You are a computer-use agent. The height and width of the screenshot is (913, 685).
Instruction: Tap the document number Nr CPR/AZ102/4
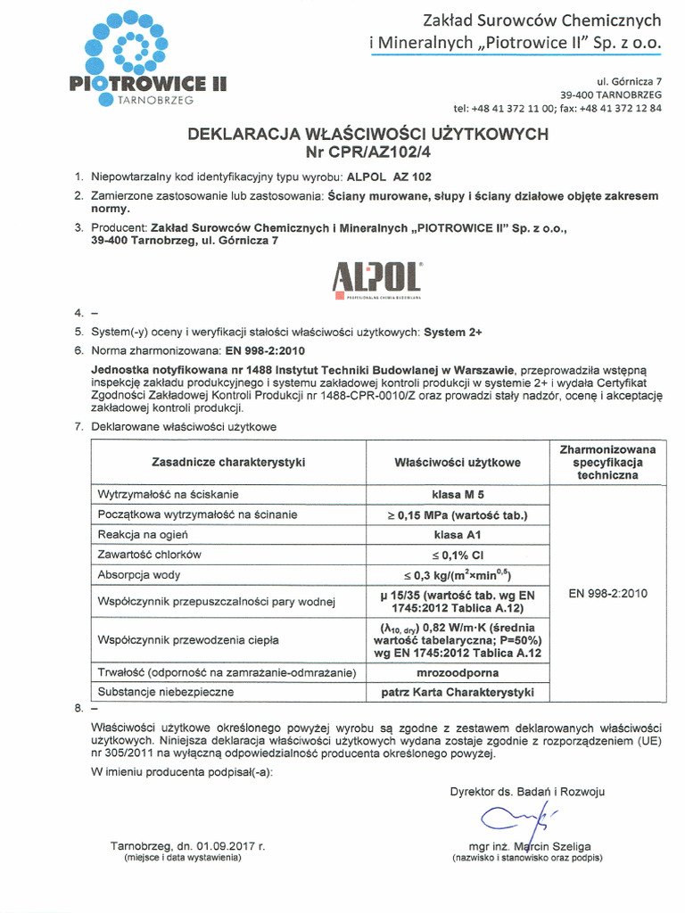point(367,151)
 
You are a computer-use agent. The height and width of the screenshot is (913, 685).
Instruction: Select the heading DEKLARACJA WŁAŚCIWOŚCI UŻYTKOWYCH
point(367,134)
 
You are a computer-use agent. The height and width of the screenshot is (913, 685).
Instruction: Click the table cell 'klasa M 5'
point(458,494)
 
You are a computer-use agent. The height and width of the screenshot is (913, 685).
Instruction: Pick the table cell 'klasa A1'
point(458,535)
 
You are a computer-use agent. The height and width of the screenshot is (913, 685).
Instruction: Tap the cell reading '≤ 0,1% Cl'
point(458,555)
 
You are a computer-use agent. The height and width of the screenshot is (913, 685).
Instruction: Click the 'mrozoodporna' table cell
point(458,672)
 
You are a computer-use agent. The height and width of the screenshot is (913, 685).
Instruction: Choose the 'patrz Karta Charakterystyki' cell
point(458,692)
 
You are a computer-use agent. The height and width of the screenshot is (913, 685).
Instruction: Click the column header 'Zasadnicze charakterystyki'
point(228,463)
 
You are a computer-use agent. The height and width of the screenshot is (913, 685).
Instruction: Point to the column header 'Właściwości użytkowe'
point(458,463)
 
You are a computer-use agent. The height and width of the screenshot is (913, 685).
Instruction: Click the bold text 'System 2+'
point(452,332)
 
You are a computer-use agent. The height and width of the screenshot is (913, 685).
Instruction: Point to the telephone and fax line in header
point(557,108)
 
